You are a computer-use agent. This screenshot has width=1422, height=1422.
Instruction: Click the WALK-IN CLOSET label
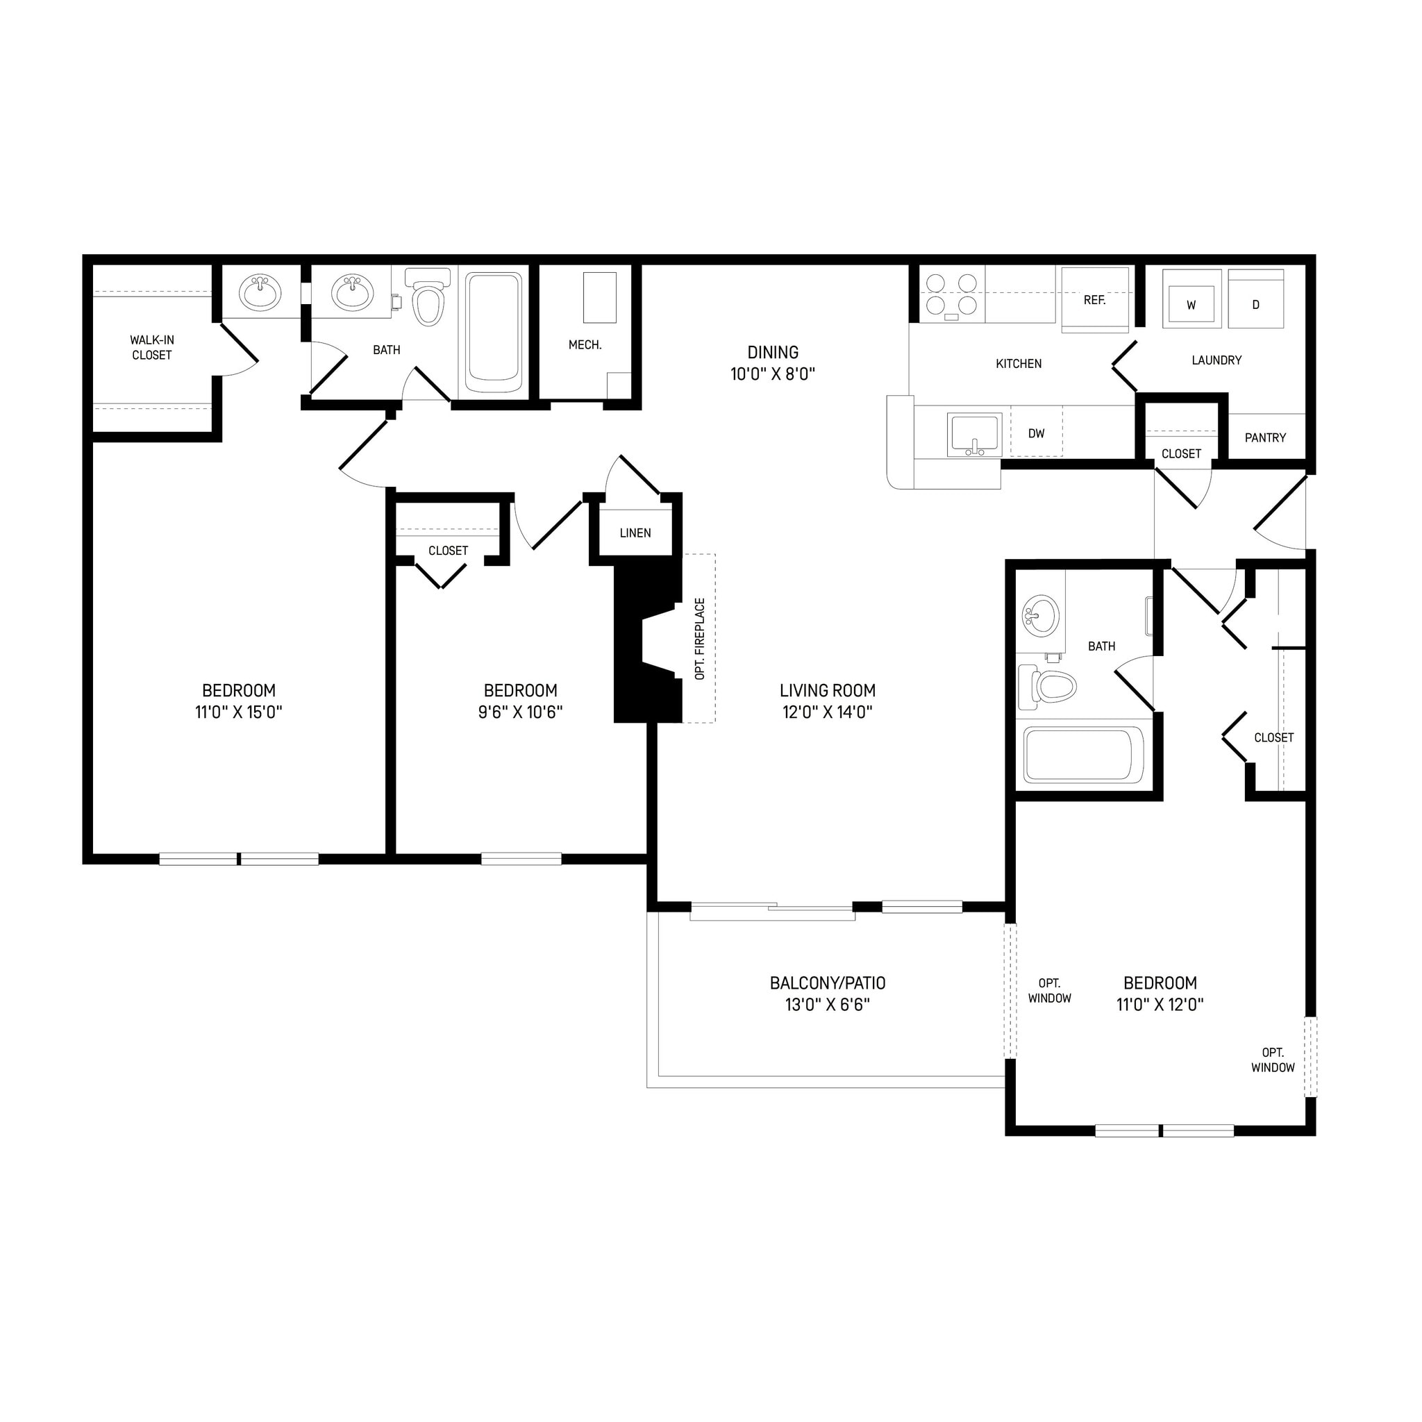point(151,347)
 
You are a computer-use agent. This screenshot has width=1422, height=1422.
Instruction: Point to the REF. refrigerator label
point(1094,300)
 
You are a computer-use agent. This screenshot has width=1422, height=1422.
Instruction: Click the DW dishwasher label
point(1037,433)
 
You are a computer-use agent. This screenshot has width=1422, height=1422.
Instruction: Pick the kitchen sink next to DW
point(974,434)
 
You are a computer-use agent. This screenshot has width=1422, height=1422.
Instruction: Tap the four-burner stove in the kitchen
point(951,294)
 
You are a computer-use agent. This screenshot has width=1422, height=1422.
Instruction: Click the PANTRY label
point(1265,438)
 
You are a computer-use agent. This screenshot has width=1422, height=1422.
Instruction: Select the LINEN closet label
point(635,533)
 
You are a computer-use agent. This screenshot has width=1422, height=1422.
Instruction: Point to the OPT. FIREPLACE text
point(700,639)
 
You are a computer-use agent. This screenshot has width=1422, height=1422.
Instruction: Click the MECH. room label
point(585,344)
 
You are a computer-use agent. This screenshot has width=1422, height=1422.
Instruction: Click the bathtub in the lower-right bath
point(1083,756)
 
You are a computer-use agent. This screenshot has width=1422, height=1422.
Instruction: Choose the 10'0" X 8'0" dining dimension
point(773,375)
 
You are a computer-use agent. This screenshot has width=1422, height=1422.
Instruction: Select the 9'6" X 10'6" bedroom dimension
point(520,712)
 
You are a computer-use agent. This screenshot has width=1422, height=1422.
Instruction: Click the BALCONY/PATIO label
point(827,983)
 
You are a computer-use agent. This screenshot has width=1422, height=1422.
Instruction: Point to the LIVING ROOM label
point(827,690)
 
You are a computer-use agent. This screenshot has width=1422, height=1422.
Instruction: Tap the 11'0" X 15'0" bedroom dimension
point(238,712)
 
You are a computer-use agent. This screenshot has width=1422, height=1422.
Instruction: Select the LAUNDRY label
point(1216,360)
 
